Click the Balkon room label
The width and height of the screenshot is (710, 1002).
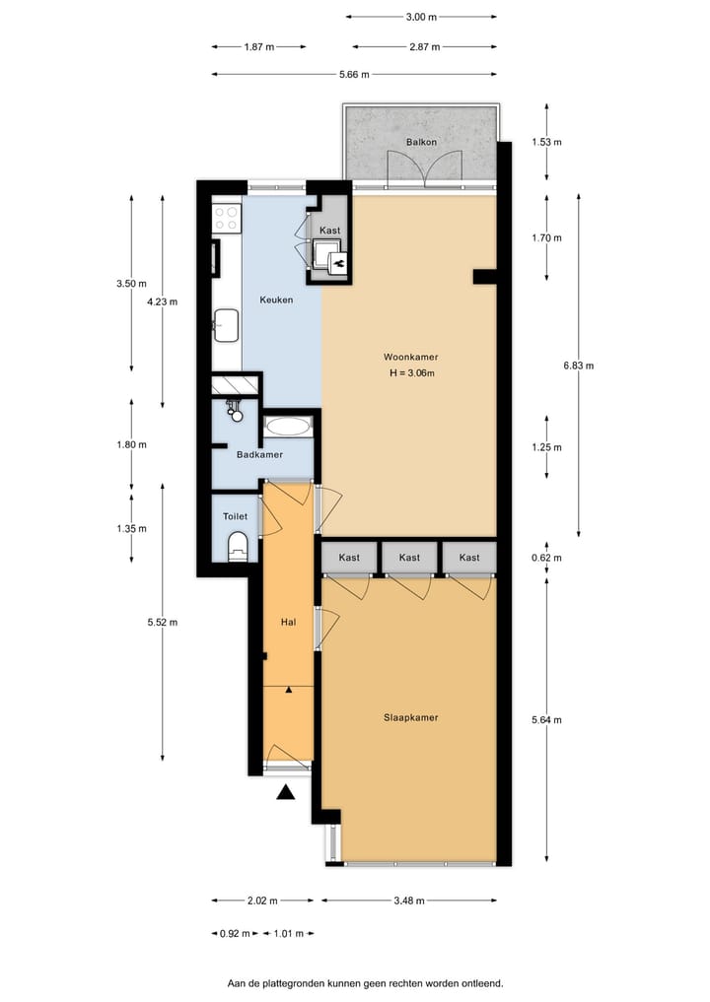(x=421, y=143)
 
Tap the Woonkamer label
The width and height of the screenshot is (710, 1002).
(x=411, y=357)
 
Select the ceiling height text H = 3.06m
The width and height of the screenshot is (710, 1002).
(x=411, y=373)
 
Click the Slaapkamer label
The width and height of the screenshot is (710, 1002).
(x=410, y=717)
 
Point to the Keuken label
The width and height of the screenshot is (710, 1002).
(x=276, y=301)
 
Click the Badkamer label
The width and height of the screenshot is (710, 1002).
(x=259, y=454)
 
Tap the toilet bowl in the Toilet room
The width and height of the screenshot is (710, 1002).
(x=237, y=547)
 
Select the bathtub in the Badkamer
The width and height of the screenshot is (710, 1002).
(x=288, y=427)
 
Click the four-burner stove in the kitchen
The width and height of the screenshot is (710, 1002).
(x=226, y=217)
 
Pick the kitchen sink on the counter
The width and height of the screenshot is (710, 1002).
(x=227, y=323)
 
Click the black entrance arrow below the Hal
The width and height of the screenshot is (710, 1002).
(x=286, y=791)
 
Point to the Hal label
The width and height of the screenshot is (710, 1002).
(x=289, y=622)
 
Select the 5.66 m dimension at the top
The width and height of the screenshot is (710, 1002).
(x=353, y=75)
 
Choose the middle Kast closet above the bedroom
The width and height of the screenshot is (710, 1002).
(x=409, y=558)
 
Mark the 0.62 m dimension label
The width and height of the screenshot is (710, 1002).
(x=545, y=558)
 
